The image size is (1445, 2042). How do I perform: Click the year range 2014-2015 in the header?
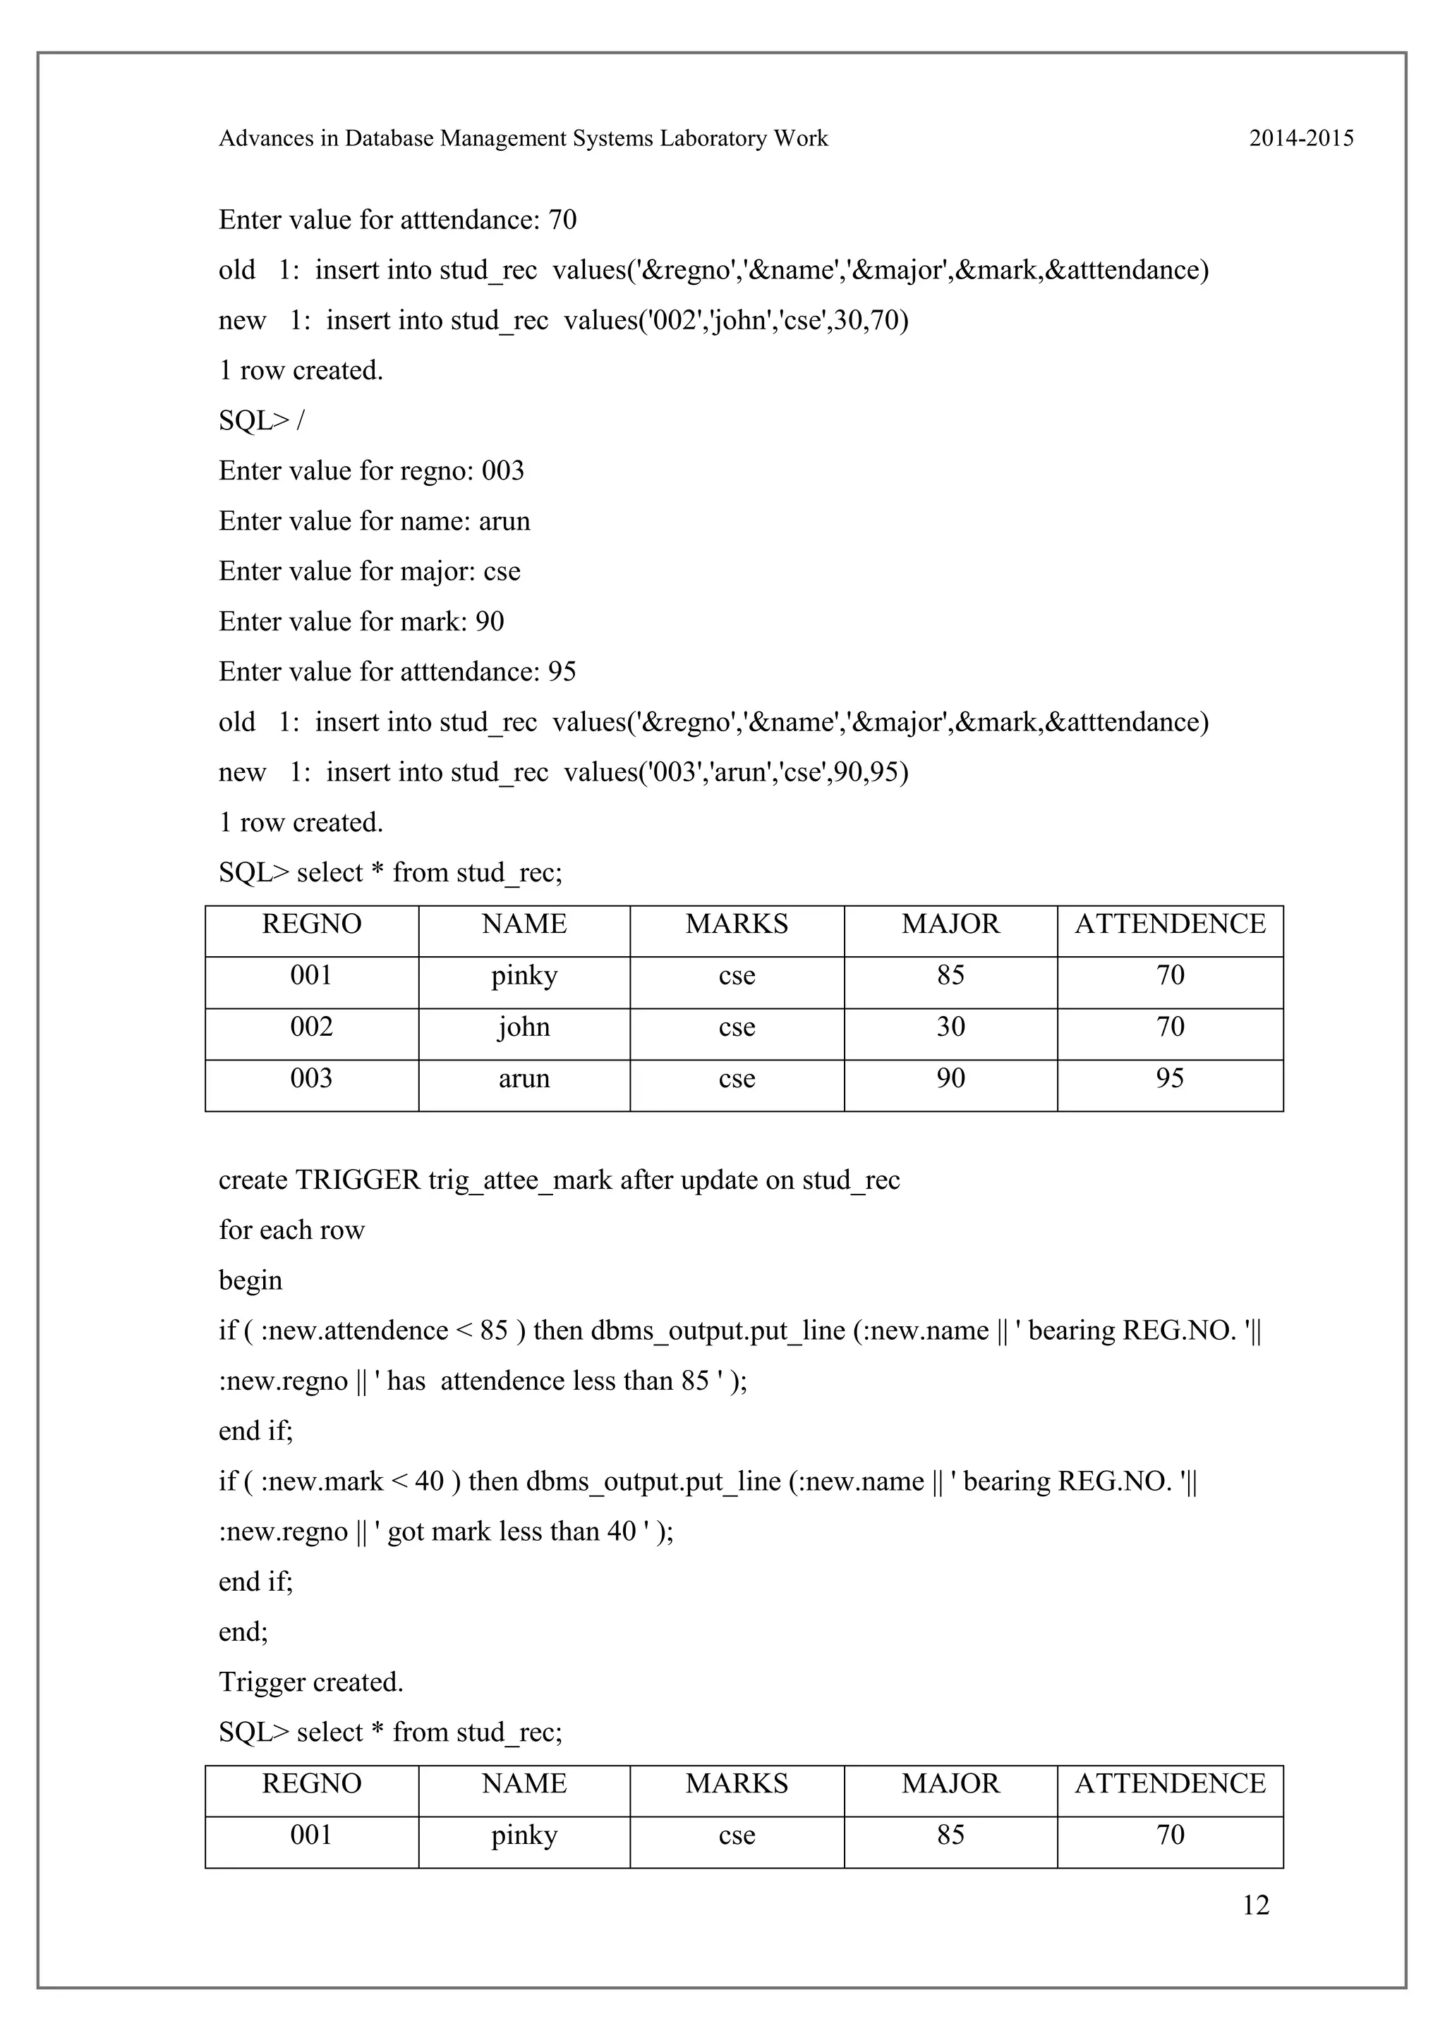(1301, 139)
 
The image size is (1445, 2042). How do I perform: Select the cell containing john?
(524, 1027)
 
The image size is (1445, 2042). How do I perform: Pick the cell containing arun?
(524, 1079)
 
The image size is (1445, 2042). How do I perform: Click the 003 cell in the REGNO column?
(311, 1079)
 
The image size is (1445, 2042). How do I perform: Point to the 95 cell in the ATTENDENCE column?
(1169, 1079)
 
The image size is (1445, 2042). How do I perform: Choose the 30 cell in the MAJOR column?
(950, 1027)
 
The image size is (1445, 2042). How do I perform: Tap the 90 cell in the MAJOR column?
(950, 1079)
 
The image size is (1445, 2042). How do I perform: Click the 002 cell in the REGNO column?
(311, 1027)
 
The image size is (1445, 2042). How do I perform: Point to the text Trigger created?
(311, 1682)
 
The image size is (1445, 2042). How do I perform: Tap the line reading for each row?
(292, 1231)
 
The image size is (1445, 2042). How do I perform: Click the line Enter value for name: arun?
(375, 521)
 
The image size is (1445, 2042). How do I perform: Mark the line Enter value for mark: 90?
(361, 622)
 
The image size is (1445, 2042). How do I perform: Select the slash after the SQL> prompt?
(300, 421)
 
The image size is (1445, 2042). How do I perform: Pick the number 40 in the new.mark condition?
(429, 1481)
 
